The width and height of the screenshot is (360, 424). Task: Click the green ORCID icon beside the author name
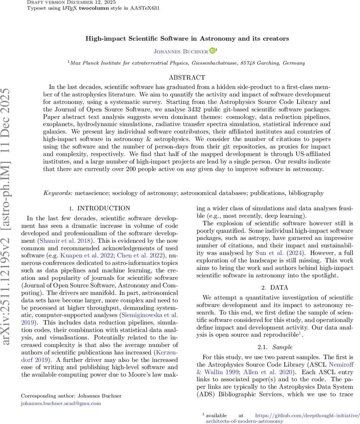212,51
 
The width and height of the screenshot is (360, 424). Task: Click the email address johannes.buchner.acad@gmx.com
61,403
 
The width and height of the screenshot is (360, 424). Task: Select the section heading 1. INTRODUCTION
100,208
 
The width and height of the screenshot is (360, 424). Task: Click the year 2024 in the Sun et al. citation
291,253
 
